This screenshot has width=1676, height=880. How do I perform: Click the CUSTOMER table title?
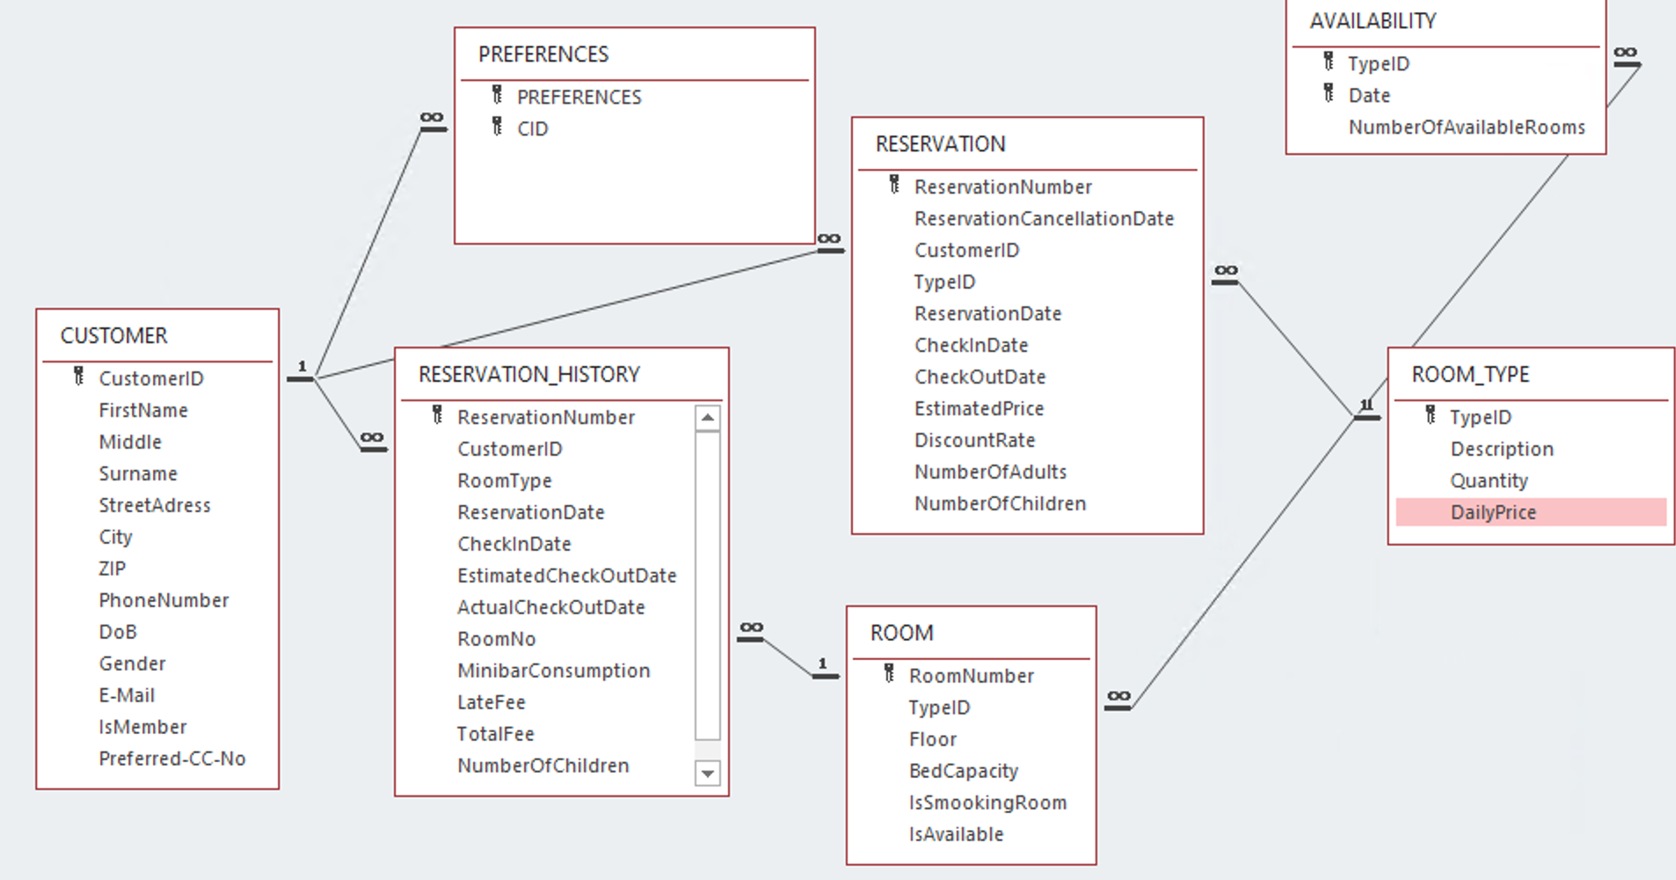pyautogui.click(x=113, y=336)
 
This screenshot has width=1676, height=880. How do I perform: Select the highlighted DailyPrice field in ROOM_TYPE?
pyautogui.click(x=1493, y=512)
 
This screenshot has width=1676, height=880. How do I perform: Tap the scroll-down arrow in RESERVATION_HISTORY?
pyautogui.click(x=707, y=774)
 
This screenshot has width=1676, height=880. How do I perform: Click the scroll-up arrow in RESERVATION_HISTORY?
pyautogui.click(x=707, y=418)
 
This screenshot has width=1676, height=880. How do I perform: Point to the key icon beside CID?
pyautogui.click(x=498, y=127)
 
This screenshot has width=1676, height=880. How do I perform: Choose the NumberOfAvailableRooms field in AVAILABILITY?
pyautogui.click(x=1466, y=128)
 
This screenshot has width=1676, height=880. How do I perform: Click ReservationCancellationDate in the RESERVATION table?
pyautogui.click(x=1044, y=218)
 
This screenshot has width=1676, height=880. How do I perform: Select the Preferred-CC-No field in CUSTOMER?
pyautogui.click(x=171, y=759)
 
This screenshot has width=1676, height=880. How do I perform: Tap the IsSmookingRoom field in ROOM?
pyautogui.click(x=987, y=803)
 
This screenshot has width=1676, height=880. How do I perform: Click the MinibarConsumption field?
pyautogui.click(x=553, y=671)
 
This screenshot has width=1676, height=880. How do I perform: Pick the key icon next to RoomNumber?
pyautogui.click(x=889, y=674)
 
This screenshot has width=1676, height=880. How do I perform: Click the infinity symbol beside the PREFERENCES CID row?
pyautogui.click(x=432, y=118)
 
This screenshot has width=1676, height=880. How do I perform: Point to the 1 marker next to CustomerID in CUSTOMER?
pyautogui.click(x=302, y=366)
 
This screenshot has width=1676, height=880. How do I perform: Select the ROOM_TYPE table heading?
pyautogui.click(x=1470, y=375)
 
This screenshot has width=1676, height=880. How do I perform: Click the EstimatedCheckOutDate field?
pyautogui.click(x=566, y=576)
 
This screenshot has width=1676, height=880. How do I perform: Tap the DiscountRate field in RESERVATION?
pyautogui.click(x=974, y=440)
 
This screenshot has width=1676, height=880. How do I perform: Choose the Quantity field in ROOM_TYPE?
pyautogui.click(x=1489, y=480)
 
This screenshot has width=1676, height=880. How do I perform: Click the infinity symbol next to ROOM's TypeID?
pyautogui.click(x=1118, y=696)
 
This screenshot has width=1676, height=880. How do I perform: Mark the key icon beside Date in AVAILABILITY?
pyautogui.click(x=1329, y=93)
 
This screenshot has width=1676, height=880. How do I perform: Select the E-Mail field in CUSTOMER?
pyautogui.click(x=127, y=695)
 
